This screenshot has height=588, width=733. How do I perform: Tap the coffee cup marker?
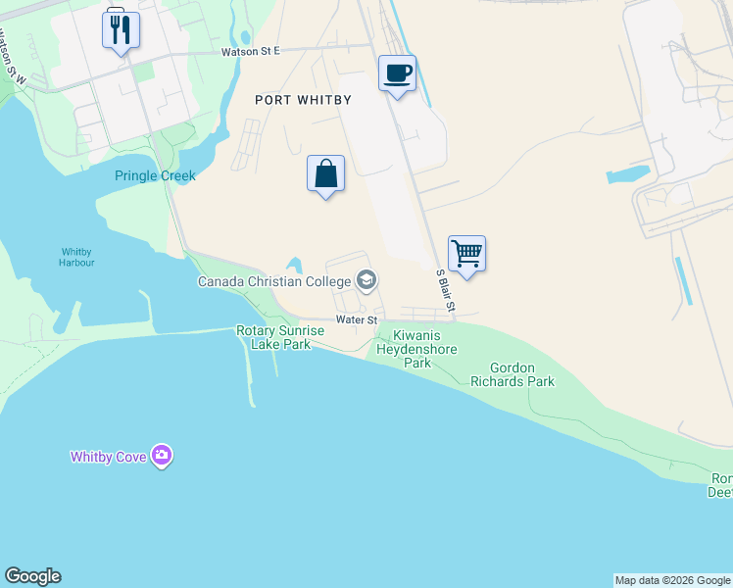pos(397,73)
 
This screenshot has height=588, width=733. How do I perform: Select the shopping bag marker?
pos(325,174)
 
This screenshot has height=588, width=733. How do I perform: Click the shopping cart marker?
pos(467,254)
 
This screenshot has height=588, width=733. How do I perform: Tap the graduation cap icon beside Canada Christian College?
pos(366,281)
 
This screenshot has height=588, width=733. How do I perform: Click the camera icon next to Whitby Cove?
pos(162,456)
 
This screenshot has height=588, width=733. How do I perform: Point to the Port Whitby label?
pos(303,100)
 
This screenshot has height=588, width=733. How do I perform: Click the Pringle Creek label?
pos(155,176)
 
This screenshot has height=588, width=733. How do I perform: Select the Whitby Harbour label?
pos(76,257)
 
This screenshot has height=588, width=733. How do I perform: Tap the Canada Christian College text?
pos(274,282)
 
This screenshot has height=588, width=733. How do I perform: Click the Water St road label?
pos(356,319)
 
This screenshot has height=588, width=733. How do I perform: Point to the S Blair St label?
pos(446,292)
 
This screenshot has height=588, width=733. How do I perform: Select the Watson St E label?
pos(250,51)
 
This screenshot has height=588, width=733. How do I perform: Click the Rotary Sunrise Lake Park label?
pos(280,338)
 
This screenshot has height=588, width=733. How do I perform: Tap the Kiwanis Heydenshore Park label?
pos(418,349)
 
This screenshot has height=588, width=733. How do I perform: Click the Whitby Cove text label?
pos(108,457)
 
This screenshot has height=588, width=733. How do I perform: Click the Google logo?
pos(32,576)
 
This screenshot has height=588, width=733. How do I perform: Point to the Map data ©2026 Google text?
pos(672,580)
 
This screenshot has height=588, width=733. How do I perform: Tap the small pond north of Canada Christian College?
pos(294,266)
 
